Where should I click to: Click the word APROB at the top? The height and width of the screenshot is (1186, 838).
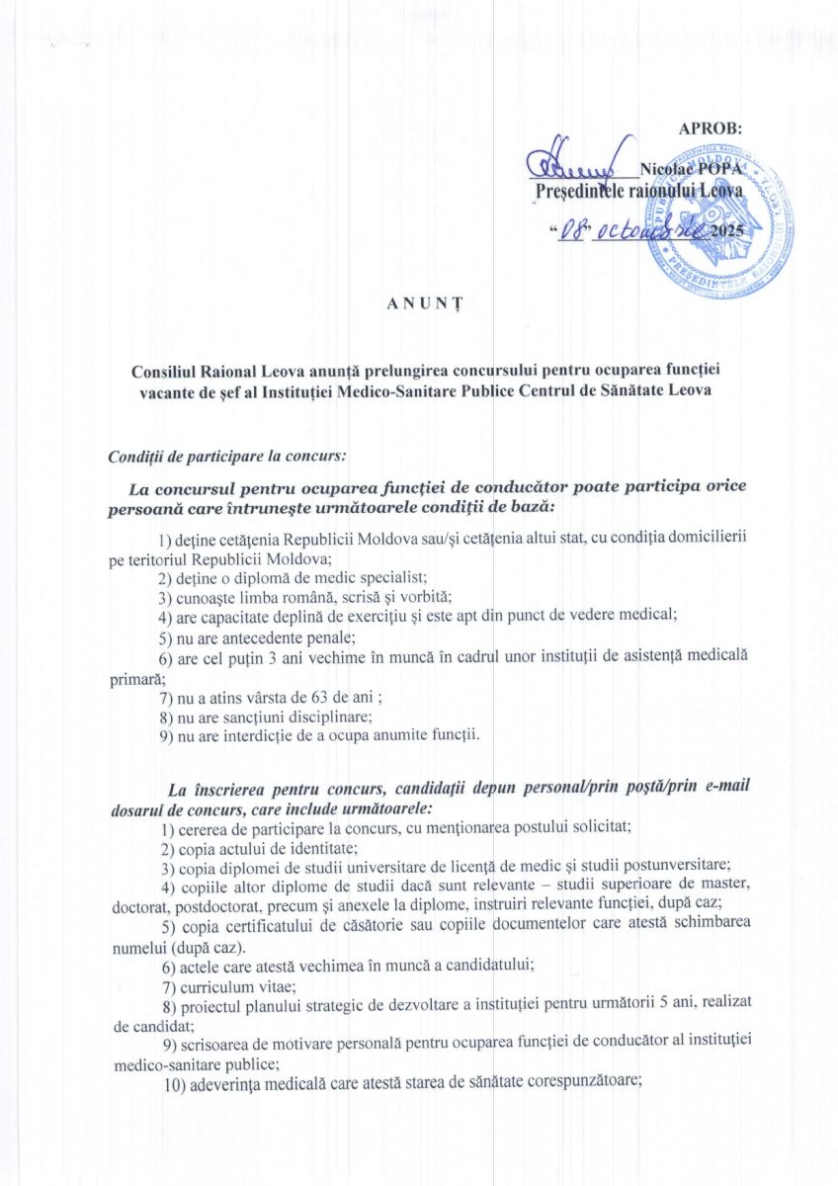(x=710, y=129)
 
